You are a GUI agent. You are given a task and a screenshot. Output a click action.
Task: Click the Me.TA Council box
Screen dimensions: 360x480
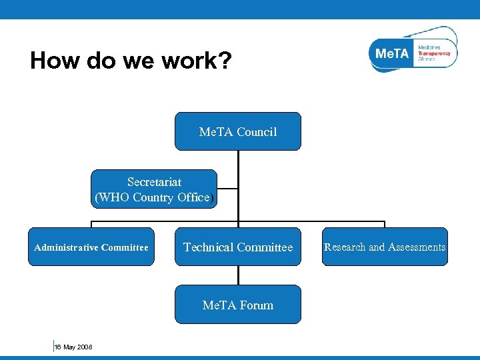point(238,131)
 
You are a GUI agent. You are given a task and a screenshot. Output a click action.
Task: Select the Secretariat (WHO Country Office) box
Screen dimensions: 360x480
point(154,189)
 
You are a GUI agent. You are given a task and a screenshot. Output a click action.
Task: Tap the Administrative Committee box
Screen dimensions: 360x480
point(91,247)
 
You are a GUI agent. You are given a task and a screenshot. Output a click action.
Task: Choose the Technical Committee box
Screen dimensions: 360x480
point(238,247)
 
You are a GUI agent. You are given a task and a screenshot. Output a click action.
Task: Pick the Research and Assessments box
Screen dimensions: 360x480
point(385,247)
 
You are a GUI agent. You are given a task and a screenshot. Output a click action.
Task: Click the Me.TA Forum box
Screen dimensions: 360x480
point(238,305)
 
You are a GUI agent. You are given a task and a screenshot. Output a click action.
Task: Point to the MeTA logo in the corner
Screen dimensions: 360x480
point(413,51)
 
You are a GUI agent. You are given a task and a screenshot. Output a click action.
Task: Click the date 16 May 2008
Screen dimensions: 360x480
point(73,347)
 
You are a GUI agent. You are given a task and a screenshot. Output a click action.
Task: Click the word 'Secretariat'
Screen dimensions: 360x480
point(154,181)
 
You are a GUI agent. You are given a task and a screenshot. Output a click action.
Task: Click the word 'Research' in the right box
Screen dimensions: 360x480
point(345,247)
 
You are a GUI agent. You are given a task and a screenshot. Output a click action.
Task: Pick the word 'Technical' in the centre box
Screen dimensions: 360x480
point(208,247)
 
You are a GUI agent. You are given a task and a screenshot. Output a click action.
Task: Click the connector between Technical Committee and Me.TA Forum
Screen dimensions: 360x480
point(238,275)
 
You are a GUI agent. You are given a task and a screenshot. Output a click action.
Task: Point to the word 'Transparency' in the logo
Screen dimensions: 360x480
point(435,53)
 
